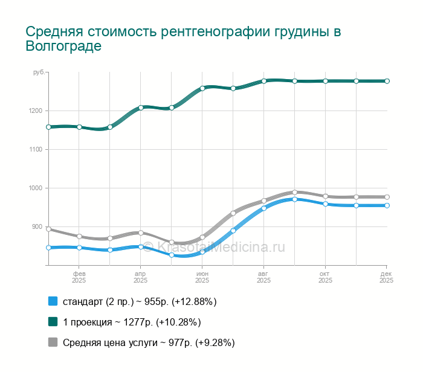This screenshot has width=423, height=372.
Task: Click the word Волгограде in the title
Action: point(64,46)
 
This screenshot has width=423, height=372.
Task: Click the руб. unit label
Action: point(39,73)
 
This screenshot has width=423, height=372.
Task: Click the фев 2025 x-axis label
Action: point(79,277)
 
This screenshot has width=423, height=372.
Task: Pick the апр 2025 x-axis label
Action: point(141,277)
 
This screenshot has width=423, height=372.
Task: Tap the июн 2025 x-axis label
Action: point(202,277)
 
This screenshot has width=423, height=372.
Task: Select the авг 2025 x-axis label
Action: point(263,277)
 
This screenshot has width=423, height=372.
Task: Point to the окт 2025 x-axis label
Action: point(325,277)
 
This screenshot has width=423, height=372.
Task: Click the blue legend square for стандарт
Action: point(53,301)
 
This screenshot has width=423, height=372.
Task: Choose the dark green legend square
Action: point(53,322)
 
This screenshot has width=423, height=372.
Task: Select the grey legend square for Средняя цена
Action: point(53,342)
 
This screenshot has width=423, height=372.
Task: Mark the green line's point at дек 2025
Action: point(387,81)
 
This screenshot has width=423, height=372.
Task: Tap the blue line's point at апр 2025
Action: point(141,246)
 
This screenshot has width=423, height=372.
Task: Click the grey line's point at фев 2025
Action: point(79,236)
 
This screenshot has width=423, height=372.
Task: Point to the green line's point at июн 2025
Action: point(202,88)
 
